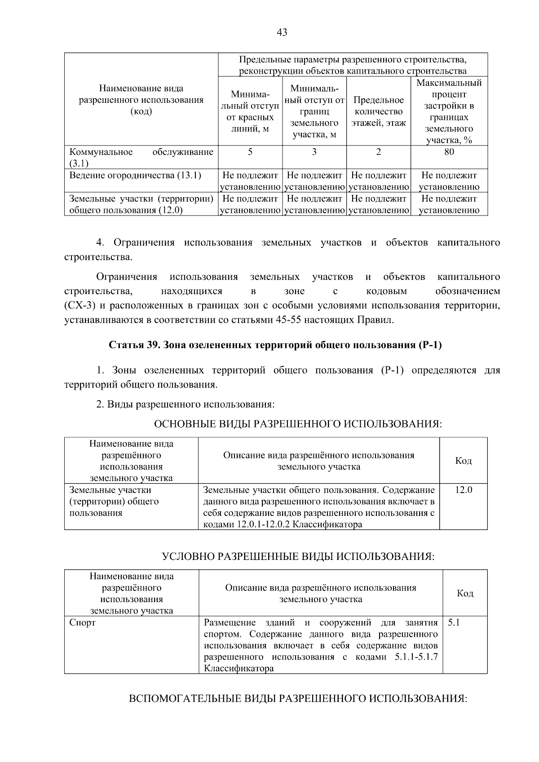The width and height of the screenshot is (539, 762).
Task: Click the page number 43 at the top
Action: (x=282, y=32)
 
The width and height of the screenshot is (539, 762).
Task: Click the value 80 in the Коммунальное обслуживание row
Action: (x=449, y=152)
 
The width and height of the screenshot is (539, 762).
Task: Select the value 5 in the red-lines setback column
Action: (x=250, y=152)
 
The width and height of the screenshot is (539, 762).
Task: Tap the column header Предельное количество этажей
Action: (x=378, y=111)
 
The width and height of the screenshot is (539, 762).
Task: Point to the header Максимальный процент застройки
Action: (x=449, y=111)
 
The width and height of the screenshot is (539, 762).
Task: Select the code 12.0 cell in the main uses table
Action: (x=463, y=490)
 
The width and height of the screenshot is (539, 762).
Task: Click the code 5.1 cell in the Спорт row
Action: (x=454, y=623)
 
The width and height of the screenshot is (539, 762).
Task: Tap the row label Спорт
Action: (x=83, y=623)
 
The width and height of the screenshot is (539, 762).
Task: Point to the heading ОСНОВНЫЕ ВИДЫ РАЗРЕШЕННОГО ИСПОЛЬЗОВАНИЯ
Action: (x=298, y=424)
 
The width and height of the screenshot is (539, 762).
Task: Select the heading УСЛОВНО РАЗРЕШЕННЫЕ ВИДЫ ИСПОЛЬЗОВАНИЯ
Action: (x=298, y=557)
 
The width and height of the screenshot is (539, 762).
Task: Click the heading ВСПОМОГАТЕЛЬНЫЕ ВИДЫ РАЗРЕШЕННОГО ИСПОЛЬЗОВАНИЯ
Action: (x=298, y=699)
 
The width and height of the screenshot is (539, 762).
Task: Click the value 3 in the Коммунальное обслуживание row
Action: (x=314, y=152)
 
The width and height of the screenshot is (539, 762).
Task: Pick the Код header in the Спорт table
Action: (x=465, y=594)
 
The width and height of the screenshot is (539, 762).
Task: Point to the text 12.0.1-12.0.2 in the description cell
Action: (x=258, y=524)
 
